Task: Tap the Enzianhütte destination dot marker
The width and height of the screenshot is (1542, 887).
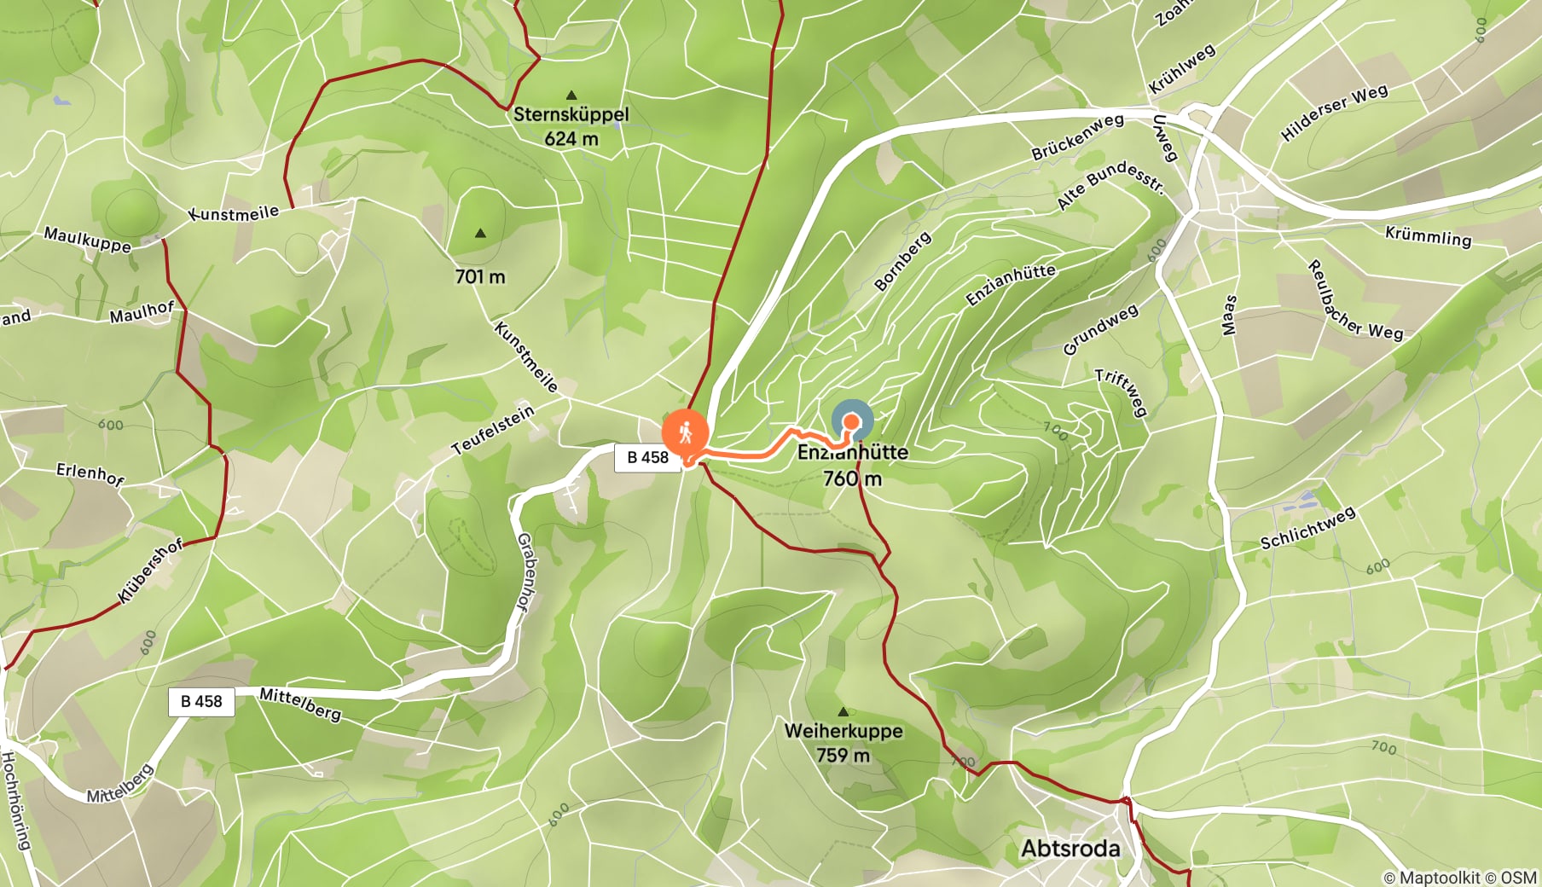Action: click(x=851, y=421)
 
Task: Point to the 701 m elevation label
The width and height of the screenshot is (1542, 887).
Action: click(x=480, y=276)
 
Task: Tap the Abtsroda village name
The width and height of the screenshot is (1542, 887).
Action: click(x=1070, y=849)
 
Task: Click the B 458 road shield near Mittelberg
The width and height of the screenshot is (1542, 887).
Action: click(x=201, y=701)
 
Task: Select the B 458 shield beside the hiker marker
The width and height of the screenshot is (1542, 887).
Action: click(x=647, y=457)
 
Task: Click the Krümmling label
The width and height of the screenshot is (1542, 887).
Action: click(x=1429, y=236)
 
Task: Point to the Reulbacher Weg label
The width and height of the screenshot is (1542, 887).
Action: click(x=1354, y=300)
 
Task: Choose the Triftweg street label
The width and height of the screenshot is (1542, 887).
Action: click(x=1122, y=391)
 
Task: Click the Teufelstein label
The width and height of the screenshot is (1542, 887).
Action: click(x=493, y=429)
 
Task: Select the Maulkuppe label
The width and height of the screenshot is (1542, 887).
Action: click(x=87, y=240)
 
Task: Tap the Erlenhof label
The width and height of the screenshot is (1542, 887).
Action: click(x=90, y=473)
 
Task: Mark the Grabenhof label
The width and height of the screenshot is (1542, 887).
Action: click(x=527, y=571)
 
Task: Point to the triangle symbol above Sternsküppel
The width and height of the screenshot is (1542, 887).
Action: click(x=571, y=96)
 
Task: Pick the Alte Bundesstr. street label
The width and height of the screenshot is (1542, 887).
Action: click(x=1110, y=184)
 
